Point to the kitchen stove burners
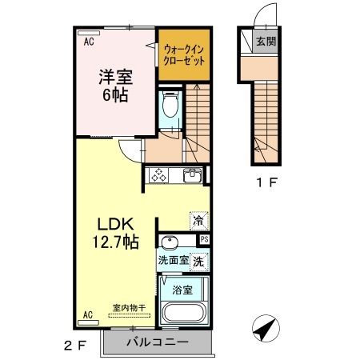pos(158,176)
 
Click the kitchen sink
pos(191,176)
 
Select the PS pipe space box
pos(204,238)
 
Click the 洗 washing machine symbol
pos(198,260)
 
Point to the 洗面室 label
pos(173,260)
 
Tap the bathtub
pos(183,313)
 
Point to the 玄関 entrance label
pos(266,41)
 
